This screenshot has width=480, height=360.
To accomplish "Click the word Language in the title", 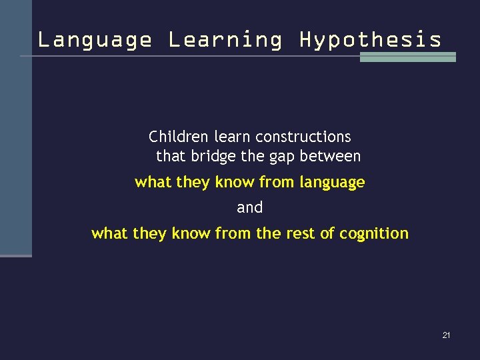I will pyautogui.click(x=95, y=40).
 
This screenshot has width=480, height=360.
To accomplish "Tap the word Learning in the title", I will pyautogui.click(x=225, y=40).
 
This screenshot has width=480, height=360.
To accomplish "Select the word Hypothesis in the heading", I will pyautogui.click(x=370, y=40).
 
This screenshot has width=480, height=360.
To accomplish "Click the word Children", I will pyautogui.click(x=179, y=137).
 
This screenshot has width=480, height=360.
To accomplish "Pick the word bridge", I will pyautogui.click(x=209, y=157).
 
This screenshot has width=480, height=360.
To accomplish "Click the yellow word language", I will pyautogui.click(x=332, y=183).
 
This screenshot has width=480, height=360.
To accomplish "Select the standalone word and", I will pyautogui.click(x=250, y=208).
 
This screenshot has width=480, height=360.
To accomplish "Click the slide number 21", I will pyautogui.click(x=446, y=335).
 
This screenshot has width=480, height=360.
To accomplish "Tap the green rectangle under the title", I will pyautogui.click(x=407, y=57).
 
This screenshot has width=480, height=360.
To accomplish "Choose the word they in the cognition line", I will pyautogui.click(x=150, y=234).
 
